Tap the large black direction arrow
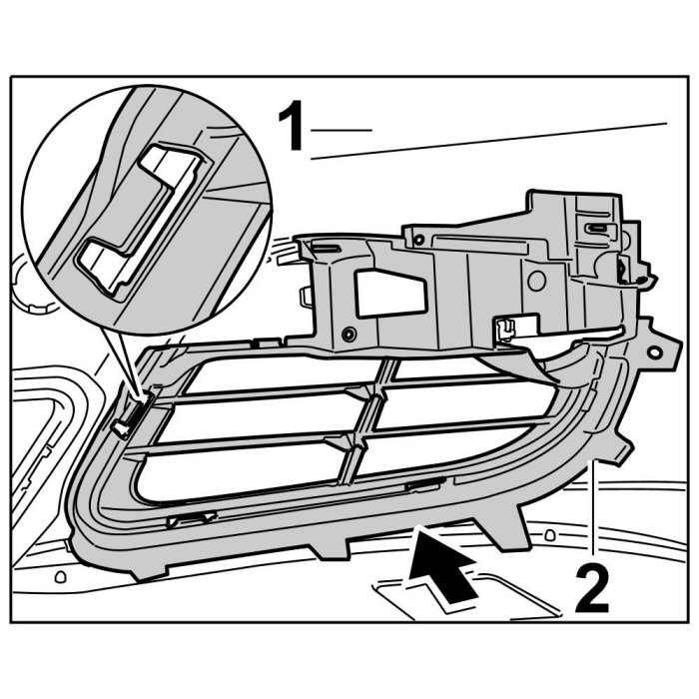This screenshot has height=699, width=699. pos(444,565)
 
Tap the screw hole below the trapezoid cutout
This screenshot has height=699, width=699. pos(348,334)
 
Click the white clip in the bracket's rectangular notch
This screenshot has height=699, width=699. pos(505,327)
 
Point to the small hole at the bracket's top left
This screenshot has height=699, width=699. pos(417,240)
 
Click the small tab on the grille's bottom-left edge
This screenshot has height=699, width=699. pos(190,519)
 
